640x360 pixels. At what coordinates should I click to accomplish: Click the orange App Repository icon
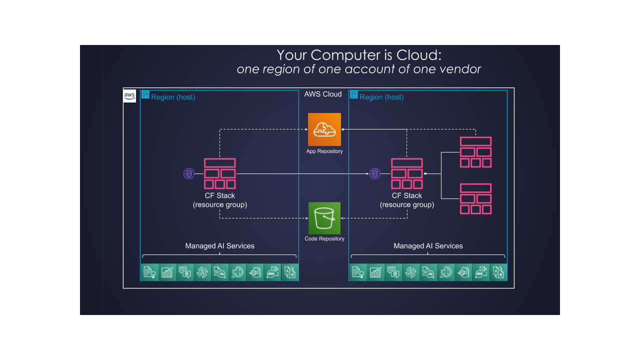pyautogui.click(x=324, y=129)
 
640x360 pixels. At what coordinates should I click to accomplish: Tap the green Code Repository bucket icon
pyautogui.click(x=324, y=218)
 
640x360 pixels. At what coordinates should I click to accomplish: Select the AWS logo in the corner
pyautogui.click(x=129, y=96)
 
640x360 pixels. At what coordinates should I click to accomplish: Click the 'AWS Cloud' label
pyautogui.click(x=323, y=94)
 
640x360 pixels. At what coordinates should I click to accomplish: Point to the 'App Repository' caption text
pyautogui.click(x=324, y=151)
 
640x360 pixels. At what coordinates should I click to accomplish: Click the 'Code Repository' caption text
pyautogui.click(x=324, y=239)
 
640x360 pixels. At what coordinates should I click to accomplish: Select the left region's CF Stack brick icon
pyautogui.click(x=220, y=173)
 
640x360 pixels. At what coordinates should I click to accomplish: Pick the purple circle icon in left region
pyautogui.click(x=188, y=174)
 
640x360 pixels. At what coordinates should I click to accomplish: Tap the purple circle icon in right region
pyautogui.click(x=375, y=174)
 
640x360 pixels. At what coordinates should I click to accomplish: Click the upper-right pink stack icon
pyautogui.click(x=476, y=152)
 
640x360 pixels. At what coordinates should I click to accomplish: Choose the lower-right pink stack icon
pyautogui.click(x=476, y=198)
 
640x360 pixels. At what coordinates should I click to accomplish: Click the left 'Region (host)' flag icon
pyautogui.click(x=145, y=94)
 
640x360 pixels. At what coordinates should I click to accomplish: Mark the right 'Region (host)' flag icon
pyautogui.click(x=354, y=94)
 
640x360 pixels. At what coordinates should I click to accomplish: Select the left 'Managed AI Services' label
pyautogui.click(x=220, y=246)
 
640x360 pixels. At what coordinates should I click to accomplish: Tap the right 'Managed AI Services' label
pyautogui.click(x=428, y=246)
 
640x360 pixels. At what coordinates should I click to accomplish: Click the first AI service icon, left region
pyautogui.click(x=149, y=272)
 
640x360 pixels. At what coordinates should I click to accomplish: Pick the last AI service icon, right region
pyautogui.click(x=498, y=272)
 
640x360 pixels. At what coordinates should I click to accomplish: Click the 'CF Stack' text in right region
pyautogui.click(x=407, y=196)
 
